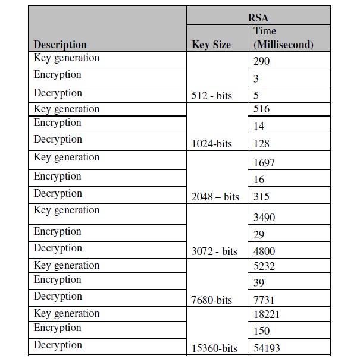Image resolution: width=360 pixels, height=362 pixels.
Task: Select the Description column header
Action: (60, 45)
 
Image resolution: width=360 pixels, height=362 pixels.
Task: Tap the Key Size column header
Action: (211, 45)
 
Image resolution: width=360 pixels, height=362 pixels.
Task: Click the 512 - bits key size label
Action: (212, 95)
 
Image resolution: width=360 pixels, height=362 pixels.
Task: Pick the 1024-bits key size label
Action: (211, 144)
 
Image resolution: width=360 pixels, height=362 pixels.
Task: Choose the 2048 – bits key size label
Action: (215, 197)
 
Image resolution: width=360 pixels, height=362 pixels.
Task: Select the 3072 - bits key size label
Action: (214, 251)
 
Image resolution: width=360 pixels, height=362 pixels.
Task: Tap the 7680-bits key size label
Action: (211, 301)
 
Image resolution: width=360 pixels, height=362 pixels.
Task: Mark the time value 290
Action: (261, 61)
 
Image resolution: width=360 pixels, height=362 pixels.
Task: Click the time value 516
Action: (261, 109)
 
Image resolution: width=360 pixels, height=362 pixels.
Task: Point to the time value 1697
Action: (264, 162)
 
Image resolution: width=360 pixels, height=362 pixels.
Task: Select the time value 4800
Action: (264, 251)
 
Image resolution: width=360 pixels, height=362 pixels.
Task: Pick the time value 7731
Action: (264, 301)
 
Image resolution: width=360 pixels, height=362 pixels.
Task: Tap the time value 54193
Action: (267, 348)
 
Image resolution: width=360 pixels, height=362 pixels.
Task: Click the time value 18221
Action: (267, 314)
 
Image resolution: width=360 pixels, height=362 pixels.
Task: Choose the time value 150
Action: (261, 331)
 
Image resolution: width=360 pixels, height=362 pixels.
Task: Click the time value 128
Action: (261, 144)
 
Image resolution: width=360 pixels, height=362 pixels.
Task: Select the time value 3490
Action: (264, 218)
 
